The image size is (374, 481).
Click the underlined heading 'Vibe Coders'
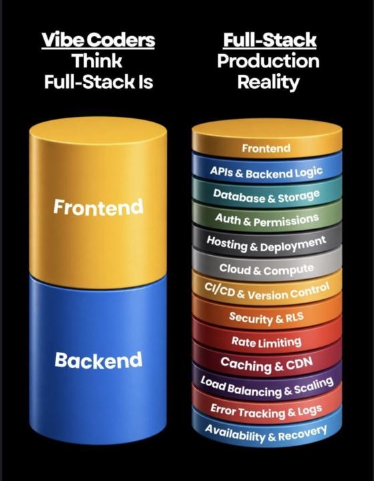tap(98, 40)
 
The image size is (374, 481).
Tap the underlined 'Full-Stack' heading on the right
tap(270, 40)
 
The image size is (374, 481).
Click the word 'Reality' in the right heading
tap(268, 83)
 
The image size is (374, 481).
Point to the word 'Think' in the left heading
tap(98, 61)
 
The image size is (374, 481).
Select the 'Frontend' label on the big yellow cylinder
tap(98, 206)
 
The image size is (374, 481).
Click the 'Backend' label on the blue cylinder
tap(98, 360)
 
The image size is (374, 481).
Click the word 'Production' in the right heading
tap(268, 61)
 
